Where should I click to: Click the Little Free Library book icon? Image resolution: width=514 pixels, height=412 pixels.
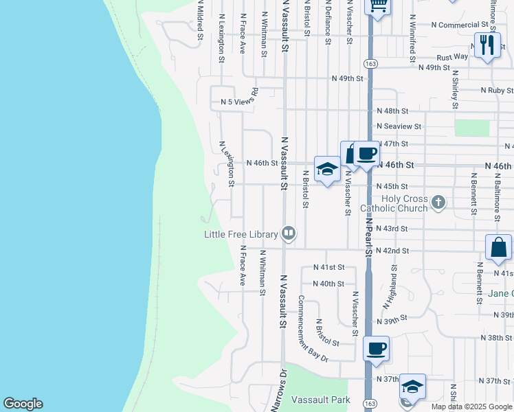coord(289,234)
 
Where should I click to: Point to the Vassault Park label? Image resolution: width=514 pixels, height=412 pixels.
coord(320,400)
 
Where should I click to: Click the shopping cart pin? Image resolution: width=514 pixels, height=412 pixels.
coord(377,5)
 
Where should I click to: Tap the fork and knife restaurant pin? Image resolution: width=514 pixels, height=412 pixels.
coord(487,45)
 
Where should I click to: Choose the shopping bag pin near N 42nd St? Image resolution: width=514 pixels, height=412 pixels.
coord(498,248)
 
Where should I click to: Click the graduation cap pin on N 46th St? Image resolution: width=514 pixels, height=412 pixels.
coord(328,169)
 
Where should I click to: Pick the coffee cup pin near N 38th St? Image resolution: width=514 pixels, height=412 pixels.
coord(376,349)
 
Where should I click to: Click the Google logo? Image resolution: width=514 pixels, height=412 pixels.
coord(23,404)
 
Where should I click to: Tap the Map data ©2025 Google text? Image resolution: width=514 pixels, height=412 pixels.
coord(472,407)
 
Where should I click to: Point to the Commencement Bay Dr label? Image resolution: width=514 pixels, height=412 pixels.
coord(313,329)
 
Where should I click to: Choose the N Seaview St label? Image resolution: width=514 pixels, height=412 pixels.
coord(399,126)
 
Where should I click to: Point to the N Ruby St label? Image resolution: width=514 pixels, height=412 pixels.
coord(498,91)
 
